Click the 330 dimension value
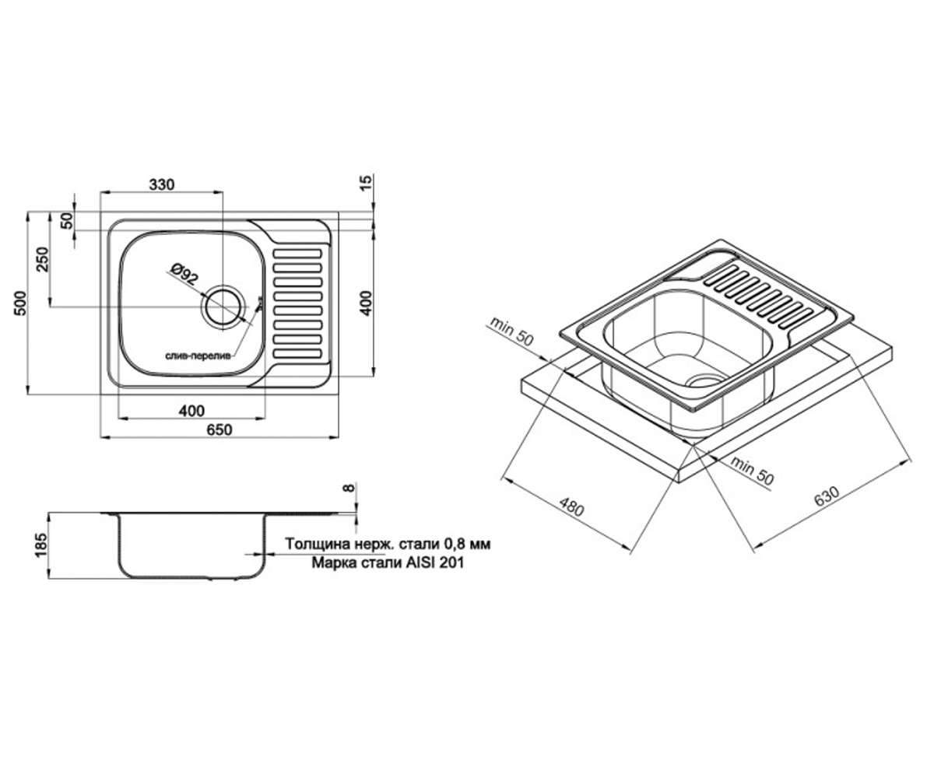[x=161, y=184]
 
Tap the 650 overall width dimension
[x=219, y=429]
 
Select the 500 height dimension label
[x=20, y=304]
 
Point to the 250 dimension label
[x=43, y=260]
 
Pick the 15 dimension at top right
[x=366, y=183]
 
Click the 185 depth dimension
[x=40, y=545]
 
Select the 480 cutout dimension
[x=571, y=504]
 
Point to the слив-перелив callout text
[x=198, y=356]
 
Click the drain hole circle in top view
[x=223, y=307]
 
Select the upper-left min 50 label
[x=511, y=331]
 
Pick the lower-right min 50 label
[x=752, y=471]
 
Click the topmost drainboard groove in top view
[x=297, y=254]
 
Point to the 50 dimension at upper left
[x=66, y=221]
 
